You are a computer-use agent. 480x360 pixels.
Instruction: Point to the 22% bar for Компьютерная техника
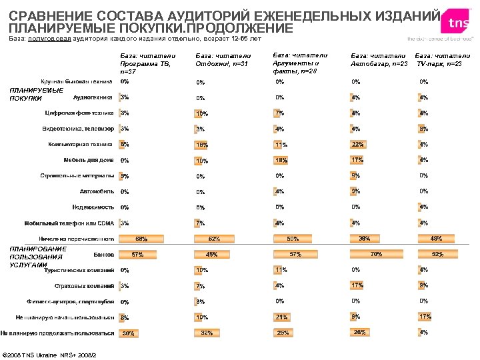357,144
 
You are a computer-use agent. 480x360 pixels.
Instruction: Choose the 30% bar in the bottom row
128,333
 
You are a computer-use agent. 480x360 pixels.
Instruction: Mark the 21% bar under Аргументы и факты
281,317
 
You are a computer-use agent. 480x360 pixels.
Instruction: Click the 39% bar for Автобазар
364,238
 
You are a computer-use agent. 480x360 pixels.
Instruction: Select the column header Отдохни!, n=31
223,60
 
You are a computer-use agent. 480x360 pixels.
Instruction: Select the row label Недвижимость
93,207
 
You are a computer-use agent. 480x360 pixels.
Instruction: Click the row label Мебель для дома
88,160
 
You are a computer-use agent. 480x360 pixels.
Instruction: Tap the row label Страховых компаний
85,285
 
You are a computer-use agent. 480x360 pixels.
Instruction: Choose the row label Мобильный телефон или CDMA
69,223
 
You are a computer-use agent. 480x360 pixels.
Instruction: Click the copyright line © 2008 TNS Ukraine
50,353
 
